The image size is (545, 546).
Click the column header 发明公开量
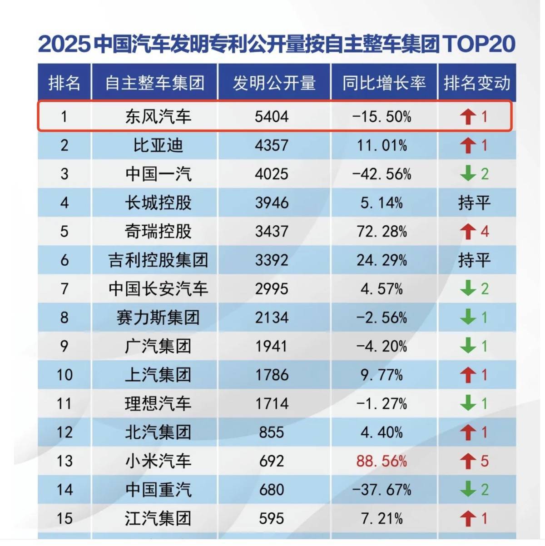(x=274, y=83)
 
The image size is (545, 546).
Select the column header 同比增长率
(x=384, y=83)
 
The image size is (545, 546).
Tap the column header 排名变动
(x=476, y=83)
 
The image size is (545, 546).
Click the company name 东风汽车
(x=158, y=117)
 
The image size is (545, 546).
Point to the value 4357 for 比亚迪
(x=271, y=145)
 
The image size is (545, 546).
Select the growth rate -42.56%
(x=381, y=174)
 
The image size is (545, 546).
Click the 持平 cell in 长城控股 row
(x=474, y=203)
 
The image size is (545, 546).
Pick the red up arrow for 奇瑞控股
(x=467, y=232)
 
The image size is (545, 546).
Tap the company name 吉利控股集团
(x=158, y=260)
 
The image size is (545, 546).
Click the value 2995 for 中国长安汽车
(x=271, y=289)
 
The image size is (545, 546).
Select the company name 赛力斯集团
(x=158, y=318)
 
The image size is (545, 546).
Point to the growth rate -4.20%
(x=381, y=346)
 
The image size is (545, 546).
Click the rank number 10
(x=64, y=375)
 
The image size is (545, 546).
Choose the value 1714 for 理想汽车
(x=271, y=403)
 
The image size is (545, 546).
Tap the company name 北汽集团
(x=158, y=432)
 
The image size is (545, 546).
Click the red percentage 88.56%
(x=381, y=461)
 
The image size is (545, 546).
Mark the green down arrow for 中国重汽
(x=468, y=489)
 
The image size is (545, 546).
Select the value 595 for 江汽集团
(x=271, y=518)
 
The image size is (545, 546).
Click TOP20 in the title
(x=479, y=44)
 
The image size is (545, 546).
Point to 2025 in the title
(x=64, y=44)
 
